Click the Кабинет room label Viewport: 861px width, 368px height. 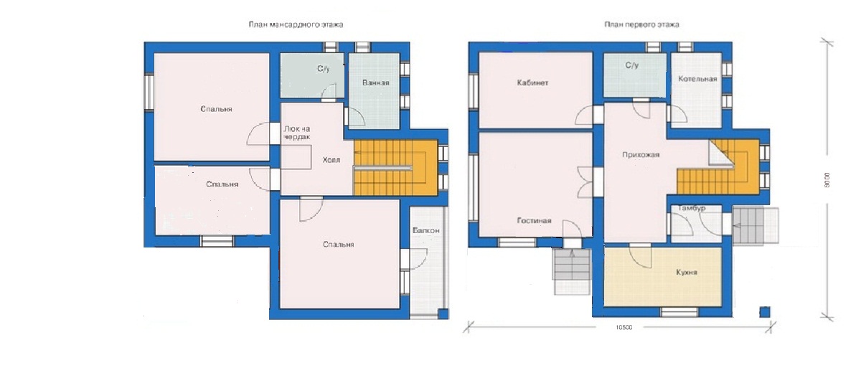pyautogui.click(x=532, y=82)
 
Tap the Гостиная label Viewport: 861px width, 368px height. pyautogui.click(x=534, y=220)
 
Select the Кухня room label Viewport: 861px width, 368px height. pyautogui.click(x=687, y=273)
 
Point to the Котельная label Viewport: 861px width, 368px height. pyautogui.click(x=697, y=79)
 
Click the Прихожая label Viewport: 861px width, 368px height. pyautogui.click(x=641, y=155)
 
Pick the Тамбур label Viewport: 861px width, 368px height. pyautogui.click(x=692, y=208)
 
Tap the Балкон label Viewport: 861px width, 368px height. pyautogui.click(x=426, y=230)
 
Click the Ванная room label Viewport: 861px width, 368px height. pyautogui.click(x=375, y=82)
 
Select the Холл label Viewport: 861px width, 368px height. pyautogui.click(x=331, y=160)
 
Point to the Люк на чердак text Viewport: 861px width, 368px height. pyautogui.click(x=297, y=133)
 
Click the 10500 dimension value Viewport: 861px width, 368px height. pyautogui.click(x=624, y=328)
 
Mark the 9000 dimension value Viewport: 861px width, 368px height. pyautogui.click(x=827, y=180)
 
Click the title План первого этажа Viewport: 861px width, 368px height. pyautogui.click(x=641, y=24)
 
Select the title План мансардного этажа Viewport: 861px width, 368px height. pyautogui.click(x=296, y=24)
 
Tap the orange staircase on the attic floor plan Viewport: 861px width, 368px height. pyautogui.click(x=395, y=167)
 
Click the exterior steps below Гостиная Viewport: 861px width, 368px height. pyautogui.click(x=572, y=272)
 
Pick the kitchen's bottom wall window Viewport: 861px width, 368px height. pyautogui.click(x=679, y=311)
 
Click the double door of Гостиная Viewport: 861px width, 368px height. pyautogui.click(x=585, y=182)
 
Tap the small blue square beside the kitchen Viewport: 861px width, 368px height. pyautogui.click(x=765, y=312)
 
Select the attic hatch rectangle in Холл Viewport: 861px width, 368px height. pyautogui.click(x=296, y=157)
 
